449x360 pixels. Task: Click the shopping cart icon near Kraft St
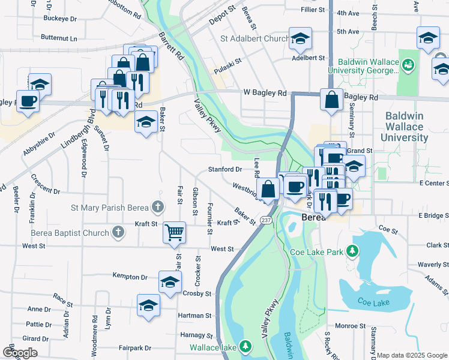[x=175, y=232]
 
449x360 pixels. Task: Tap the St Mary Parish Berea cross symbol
[x=157, y=208]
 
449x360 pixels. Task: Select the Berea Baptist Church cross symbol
[x=119, y=232]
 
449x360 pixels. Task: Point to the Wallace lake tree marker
[x=246, y=347]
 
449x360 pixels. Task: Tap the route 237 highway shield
[x=267, y=221]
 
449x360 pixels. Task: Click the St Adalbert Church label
[x=255, y=39]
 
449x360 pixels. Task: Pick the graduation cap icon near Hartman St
[x=148, y=305]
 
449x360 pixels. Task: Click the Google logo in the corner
[x=21, y=352]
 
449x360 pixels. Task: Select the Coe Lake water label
[x=373, y=301]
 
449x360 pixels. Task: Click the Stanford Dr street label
[x=225, y=170]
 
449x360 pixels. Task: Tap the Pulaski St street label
[x=228, y=61]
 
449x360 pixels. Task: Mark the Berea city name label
[x=313, y=217]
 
